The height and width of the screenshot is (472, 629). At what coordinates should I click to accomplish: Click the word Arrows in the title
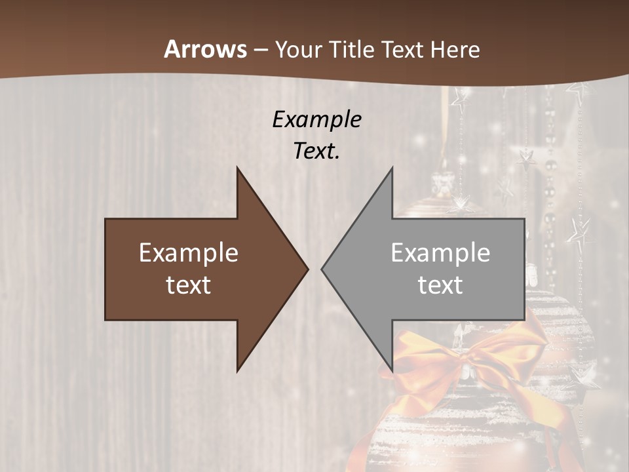coord(205,49)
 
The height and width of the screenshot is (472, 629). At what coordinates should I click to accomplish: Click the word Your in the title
coord(298,50)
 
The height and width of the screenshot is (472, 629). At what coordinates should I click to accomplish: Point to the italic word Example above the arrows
coord(316,119)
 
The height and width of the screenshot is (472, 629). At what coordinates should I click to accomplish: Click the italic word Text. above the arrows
coord(316,151)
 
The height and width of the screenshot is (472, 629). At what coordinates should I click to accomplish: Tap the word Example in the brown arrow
coord(189,253)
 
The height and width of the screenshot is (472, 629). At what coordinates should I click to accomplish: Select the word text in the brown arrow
coord(189,285)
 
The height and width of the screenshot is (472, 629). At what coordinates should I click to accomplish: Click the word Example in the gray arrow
coord(440,253)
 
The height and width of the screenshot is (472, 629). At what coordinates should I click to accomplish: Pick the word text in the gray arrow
coord(440,285)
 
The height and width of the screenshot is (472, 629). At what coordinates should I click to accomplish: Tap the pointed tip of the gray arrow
coord(322,269)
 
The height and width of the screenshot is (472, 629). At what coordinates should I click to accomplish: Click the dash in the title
coord(261,50)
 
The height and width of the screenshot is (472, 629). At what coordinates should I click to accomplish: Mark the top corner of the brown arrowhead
coord(238,168)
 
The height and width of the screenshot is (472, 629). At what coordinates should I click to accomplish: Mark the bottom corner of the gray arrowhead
coord(392,370)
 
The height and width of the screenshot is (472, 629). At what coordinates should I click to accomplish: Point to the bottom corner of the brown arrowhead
coord(238,370)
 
